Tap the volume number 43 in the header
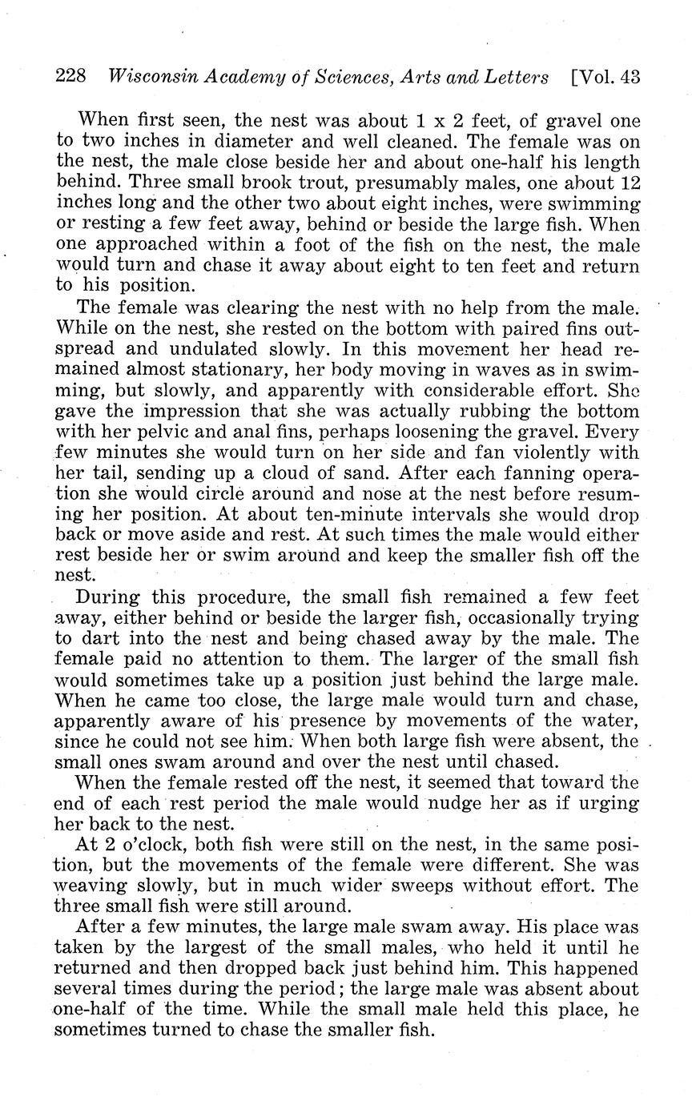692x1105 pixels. coord(630,78)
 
